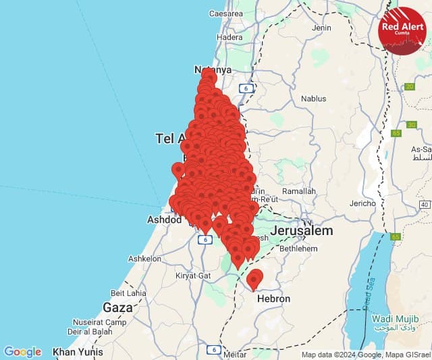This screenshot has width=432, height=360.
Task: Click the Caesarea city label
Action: click(x=225, y=13)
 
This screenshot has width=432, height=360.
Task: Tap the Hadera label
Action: click(x=230, y=38)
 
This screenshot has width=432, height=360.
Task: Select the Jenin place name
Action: click(x=322, y=28)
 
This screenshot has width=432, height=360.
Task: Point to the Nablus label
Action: click(x=313, y=98)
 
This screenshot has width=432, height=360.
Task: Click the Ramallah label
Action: click(x=298, y=191)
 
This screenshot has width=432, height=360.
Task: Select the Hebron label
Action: click(x=273, y=299)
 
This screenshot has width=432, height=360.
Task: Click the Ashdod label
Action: click(x=165, y=220)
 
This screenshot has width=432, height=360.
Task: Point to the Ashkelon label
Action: click(x=144, y=258)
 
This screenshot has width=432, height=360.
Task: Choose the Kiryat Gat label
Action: click(x=175, y=276)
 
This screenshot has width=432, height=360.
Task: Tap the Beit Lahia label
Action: click(x=128, y=293)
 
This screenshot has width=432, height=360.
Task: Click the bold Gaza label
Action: click(x=117, y=307)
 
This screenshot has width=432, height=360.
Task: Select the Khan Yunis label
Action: click(x=78, y=352)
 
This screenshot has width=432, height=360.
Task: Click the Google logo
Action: click(x=23, y=352)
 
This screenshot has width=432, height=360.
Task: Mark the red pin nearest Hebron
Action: click(x=254, y=278)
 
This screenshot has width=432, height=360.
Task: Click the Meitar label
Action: click(x=235, y=354)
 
